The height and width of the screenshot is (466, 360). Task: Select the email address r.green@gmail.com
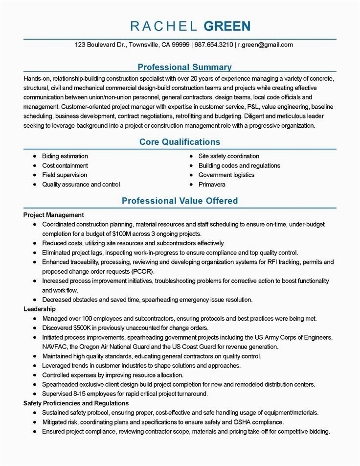[266, 45]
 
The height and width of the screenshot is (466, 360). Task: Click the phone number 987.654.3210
[214, 45]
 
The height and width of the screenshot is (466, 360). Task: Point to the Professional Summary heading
[184, 67]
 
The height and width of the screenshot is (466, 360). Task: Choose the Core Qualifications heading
[180, 142]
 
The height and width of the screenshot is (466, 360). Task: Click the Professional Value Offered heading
[180, 201]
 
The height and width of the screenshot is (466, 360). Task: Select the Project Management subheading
[53, 215]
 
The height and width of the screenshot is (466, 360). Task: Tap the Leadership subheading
[40, 309]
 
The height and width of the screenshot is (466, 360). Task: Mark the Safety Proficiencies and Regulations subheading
[76, 403]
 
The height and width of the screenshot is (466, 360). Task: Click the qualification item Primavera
[212, 185]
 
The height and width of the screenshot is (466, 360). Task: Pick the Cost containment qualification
[65, 165]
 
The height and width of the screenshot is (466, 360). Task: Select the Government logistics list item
[226, 175]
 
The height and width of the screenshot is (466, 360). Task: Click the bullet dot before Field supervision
[35, 175]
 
